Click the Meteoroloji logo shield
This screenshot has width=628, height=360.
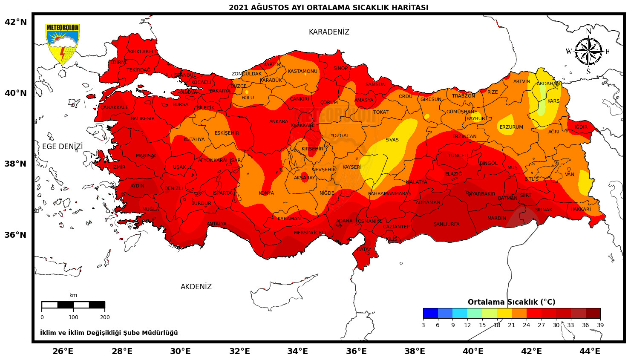click(63, 43)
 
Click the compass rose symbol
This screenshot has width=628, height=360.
click(588, 52)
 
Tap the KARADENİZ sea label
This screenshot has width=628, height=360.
click(329, 32)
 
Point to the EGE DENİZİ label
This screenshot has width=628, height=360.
click(63, 147)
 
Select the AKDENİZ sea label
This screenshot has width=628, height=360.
click(196, 287)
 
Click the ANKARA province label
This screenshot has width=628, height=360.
click(279, 122)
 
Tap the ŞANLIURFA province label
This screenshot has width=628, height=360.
click(447, 224)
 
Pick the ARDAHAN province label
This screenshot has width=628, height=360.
click(548, 84)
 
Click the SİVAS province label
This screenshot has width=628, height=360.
click(392, 140)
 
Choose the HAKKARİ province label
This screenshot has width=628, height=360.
click(581, 210)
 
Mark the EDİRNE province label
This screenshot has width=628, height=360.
click(119, 63)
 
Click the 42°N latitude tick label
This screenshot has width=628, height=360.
click(16, 22)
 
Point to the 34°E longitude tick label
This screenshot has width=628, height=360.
click(297, 351)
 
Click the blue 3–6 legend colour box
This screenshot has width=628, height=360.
click(430, 314)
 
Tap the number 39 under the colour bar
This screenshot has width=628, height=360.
click(600, 325)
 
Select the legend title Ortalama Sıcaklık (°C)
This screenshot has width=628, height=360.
click(511, 302)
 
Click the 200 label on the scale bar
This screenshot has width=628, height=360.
click(105, 317)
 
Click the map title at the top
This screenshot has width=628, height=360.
click(328, 8)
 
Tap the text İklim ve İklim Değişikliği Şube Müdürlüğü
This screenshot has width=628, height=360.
click(109, 333)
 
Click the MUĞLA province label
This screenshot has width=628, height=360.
click(150, 209)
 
